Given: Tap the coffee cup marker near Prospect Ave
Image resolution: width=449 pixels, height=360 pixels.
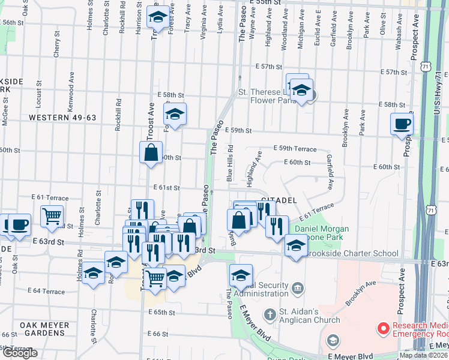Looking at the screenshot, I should click(402, 124).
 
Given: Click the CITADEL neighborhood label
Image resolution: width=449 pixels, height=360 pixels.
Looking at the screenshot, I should click(277, 199).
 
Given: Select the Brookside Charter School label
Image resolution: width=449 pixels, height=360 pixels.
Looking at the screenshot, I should click(352, 253).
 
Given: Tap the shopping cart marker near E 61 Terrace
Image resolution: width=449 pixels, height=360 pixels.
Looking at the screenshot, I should click(52, 215).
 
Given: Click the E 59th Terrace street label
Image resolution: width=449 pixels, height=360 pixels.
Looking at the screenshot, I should click(295, 148).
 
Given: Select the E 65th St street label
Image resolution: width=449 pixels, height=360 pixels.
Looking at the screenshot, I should click(161, 313).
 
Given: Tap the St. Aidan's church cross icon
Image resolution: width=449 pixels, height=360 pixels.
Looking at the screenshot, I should click(269, 313).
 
